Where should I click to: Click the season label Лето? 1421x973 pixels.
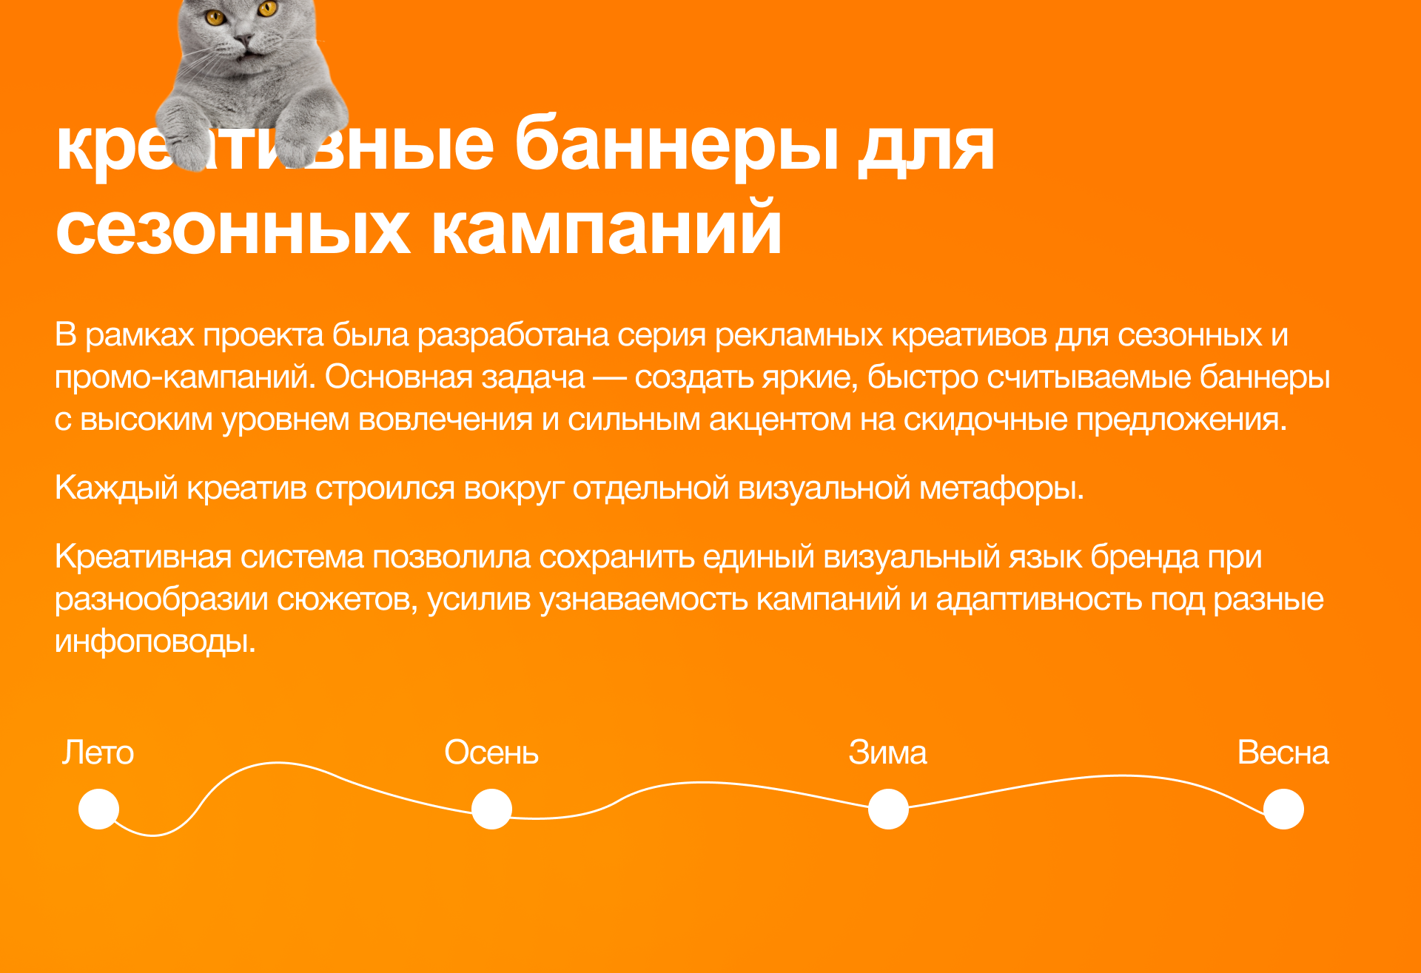[x=98, y=753]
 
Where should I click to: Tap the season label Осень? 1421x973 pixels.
[x=491, y=753]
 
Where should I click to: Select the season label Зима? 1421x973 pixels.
[x=887, y=753]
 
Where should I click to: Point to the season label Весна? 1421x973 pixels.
[x=1283, y=753]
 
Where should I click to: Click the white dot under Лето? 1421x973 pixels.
[x=99, y=809]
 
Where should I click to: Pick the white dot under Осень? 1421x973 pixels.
[x=491, y=809]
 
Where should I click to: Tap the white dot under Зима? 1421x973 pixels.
[x=888, y=809]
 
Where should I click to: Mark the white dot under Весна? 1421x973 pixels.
[x=1283, y=809]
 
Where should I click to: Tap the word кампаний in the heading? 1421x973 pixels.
[x=606, y=229]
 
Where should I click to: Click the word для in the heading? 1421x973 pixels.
[x=926, y=147]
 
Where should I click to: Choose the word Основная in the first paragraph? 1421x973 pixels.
[x=399, y=377]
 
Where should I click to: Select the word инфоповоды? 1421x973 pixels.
[x=155, y=642]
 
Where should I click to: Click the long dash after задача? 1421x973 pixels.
[x=609, y=378]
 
